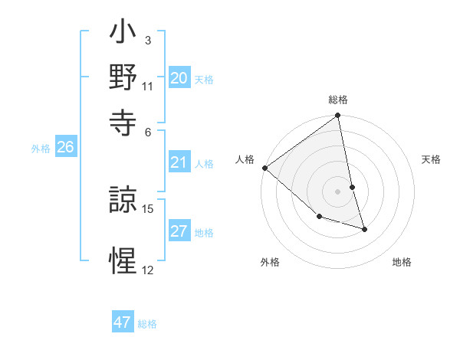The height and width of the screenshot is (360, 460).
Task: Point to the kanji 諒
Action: point(123,201)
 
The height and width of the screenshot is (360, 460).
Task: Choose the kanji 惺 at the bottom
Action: point(123,260)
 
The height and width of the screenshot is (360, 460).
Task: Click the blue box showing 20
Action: point(179,78)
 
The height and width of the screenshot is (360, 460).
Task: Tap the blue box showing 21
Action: point(179,162)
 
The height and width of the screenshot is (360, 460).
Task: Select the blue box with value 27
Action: point(179,232)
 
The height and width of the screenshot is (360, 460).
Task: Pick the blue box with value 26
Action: point(65,148)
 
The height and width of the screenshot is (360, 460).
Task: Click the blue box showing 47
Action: point(123,322)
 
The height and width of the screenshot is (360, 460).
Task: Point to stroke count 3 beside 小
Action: point(147,40)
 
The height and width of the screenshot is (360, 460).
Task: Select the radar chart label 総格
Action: point(338,100)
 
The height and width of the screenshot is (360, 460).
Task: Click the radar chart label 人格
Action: point(245,159)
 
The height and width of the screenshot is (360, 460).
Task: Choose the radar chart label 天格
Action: point(431,159)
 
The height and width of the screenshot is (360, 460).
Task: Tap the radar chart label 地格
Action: point(402,262)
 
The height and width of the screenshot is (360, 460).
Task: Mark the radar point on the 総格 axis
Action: point(338,116)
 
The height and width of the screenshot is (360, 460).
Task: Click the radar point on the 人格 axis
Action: point(264,168)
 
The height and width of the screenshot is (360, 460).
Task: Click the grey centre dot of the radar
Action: point(338,191)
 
